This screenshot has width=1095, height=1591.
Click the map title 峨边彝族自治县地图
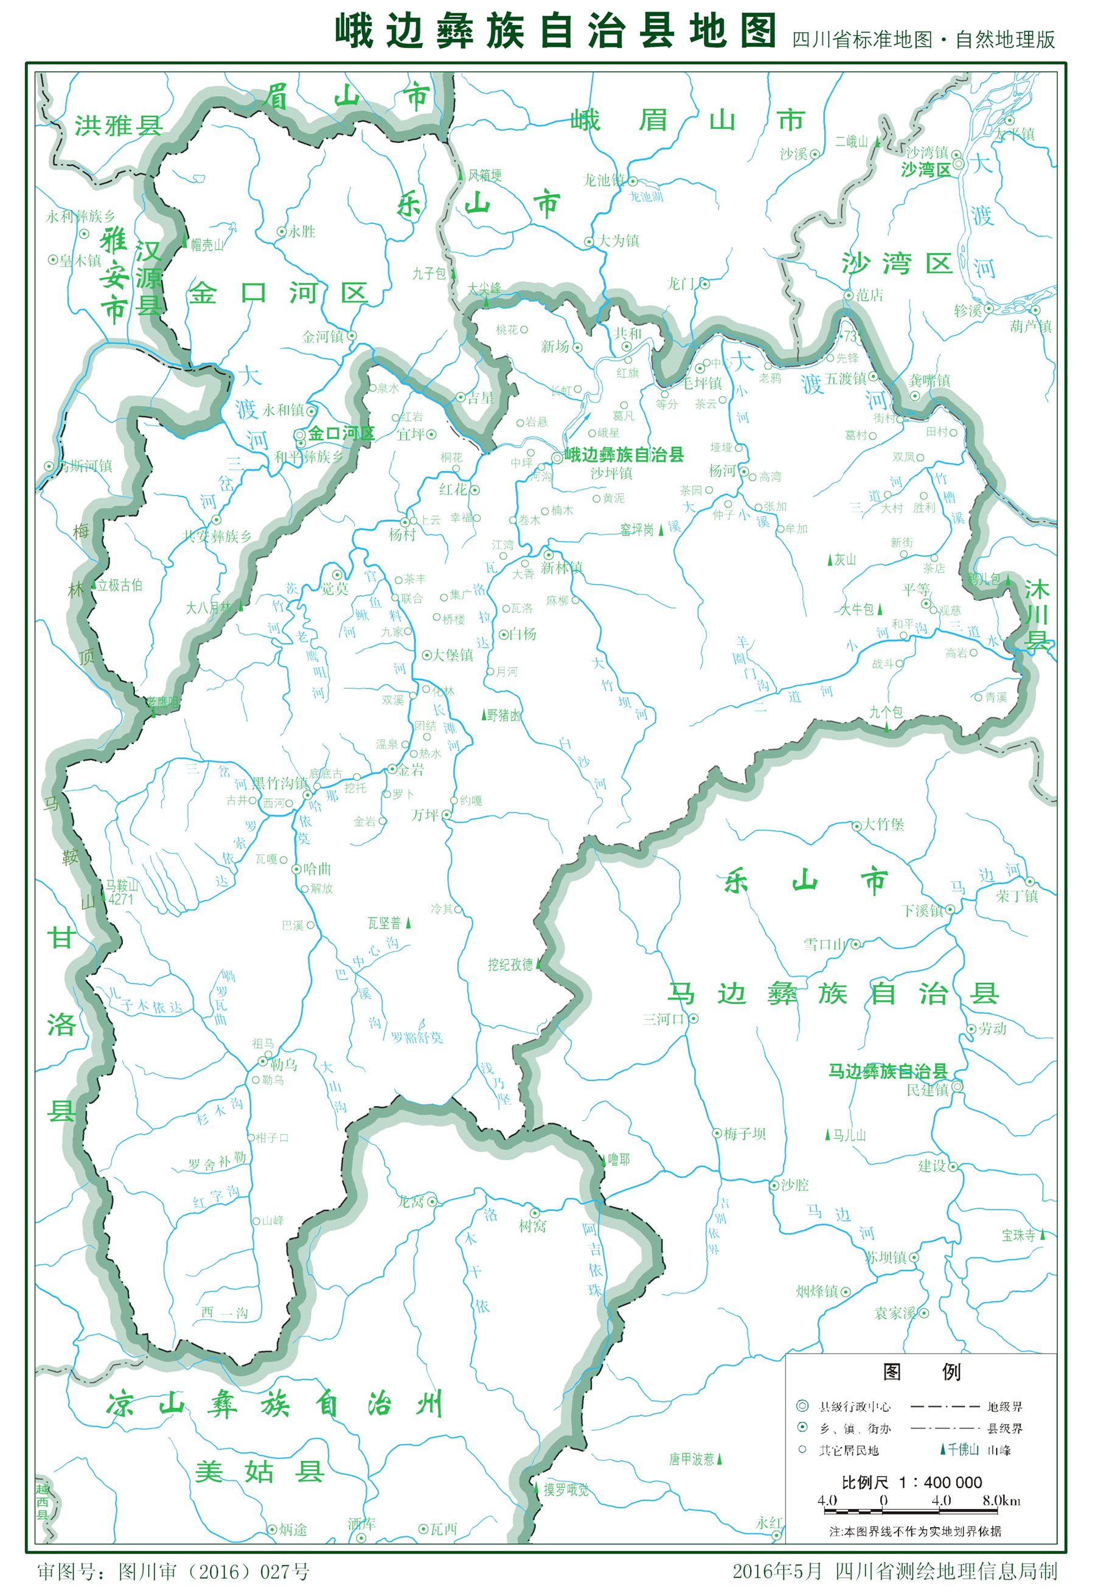556,32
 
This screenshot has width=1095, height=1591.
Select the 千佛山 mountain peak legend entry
962,1449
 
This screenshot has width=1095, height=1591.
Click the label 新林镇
561,568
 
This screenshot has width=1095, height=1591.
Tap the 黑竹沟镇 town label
279,783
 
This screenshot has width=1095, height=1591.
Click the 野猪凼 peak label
503,715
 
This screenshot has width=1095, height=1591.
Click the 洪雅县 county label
118,126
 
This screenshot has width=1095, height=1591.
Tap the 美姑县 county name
259,1472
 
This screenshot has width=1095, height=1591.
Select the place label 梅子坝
745,1133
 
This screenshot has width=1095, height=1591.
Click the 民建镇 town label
928,1090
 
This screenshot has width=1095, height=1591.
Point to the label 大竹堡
883,824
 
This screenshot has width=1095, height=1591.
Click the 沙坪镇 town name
611,473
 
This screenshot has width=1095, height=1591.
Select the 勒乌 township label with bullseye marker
283,1064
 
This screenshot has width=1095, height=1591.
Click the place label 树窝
532,1225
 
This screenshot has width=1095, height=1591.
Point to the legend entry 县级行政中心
854,1407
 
